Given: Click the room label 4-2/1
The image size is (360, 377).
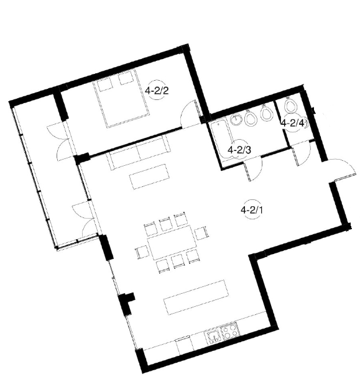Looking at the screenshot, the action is click(x=252, y=211).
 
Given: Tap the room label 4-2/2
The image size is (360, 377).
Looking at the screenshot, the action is click(x=157, y=91).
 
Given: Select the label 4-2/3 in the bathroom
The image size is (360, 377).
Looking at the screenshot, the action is click(x=239, y=150).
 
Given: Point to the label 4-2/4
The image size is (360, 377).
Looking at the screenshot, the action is click(x=293, y=123).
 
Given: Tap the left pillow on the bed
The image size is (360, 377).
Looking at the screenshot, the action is click(x=105, y=84).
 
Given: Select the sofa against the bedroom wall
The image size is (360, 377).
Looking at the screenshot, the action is click(x=139, y=152).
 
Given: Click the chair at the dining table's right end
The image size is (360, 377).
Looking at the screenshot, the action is click(x=200, y=233).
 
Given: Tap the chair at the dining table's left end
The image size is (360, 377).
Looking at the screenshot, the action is click(x=142, y=252).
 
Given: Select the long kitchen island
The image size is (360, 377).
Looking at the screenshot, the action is click(x=196, y=297).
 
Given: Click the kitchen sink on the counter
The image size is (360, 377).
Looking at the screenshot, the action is click(x=213, y=337).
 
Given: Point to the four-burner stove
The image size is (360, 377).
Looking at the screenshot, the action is click(x=230, y=330).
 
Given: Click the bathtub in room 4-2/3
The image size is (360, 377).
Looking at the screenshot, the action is click(x=222, y=140).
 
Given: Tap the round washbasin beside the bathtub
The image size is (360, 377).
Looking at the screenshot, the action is click(x=236, y=119).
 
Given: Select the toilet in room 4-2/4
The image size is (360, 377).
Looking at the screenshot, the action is click(x=290, y=105).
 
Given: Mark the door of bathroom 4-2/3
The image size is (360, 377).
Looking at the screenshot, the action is click(x=253, y=168).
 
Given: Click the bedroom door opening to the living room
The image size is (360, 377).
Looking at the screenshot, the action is click(x=192, y=114).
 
